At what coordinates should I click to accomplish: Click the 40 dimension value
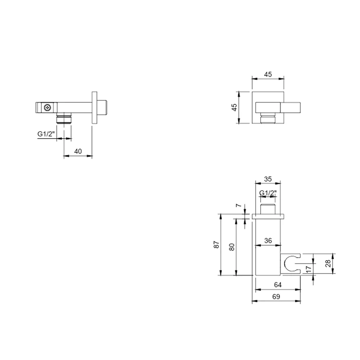78,151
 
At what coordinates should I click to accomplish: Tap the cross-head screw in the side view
48,107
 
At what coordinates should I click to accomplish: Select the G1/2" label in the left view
46,134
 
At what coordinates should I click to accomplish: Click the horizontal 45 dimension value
268,75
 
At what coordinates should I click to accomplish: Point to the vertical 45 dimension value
234,107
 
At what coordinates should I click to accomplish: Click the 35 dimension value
268,179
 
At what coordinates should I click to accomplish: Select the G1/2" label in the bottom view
268,193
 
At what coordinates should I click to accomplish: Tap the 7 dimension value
239,205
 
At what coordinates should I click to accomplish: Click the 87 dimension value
216,244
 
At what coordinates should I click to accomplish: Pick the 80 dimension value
232,247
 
